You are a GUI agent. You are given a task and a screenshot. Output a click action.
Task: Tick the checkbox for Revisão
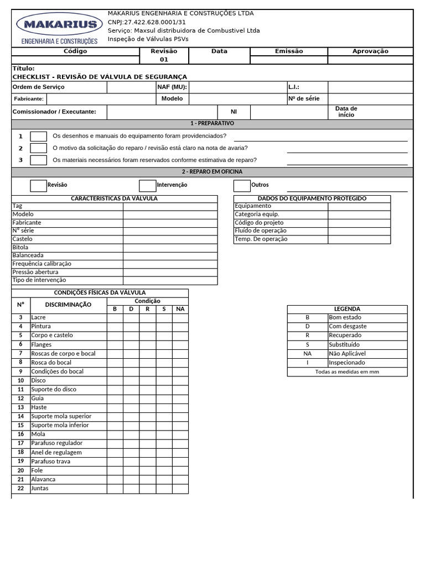tap(38, 185)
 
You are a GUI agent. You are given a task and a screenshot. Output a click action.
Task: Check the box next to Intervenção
tap(147, 185)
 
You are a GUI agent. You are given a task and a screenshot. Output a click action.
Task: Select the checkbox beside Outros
tap(242, 185)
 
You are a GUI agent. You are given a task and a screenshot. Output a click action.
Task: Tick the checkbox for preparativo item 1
tap(38, 136)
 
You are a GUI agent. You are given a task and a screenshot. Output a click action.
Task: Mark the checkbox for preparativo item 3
tap(38, 160)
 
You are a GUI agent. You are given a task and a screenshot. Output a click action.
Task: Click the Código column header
tap(75, 51)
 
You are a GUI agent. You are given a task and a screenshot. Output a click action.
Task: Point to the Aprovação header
tap(370, 51)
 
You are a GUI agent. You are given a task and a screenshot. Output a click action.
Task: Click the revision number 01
tap(164, 60)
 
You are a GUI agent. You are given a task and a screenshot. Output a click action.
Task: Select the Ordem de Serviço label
tap(39, 87)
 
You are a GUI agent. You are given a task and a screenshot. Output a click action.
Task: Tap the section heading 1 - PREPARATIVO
tap(212, 123)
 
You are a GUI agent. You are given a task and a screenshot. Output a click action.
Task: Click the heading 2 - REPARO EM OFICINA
tap(212, 172)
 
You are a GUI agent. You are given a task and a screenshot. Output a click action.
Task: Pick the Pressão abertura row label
tap(35, 272)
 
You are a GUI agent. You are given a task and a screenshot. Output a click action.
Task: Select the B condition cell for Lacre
tap(115, 318)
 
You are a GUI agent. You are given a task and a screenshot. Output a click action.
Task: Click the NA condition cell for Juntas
tap(180, 489)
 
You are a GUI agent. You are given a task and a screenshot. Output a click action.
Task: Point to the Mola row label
tap(38, 434)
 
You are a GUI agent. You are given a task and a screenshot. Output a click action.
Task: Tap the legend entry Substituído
tap(344, 344)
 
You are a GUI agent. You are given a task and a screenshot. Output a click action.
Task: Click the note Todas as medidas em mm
tap(347, 372)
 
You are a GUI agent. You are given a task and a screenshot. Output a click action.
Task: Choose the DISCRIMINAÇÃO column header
tap(68, 305)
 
